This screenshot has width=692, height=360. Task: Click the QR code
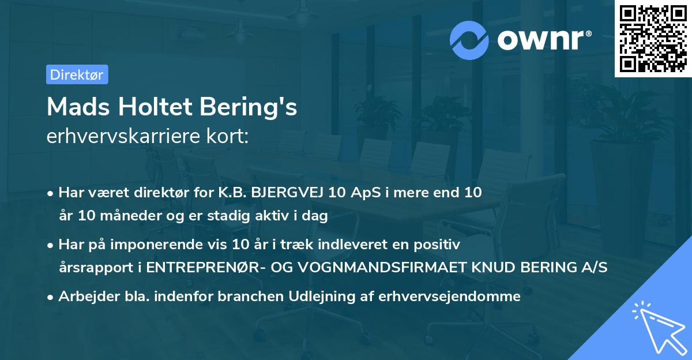click(653, 39)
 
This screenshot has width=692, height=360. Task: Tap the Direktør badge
click(77, 74)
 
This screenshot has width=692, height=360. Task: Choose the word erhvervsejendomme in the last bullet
click(449, 297)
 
